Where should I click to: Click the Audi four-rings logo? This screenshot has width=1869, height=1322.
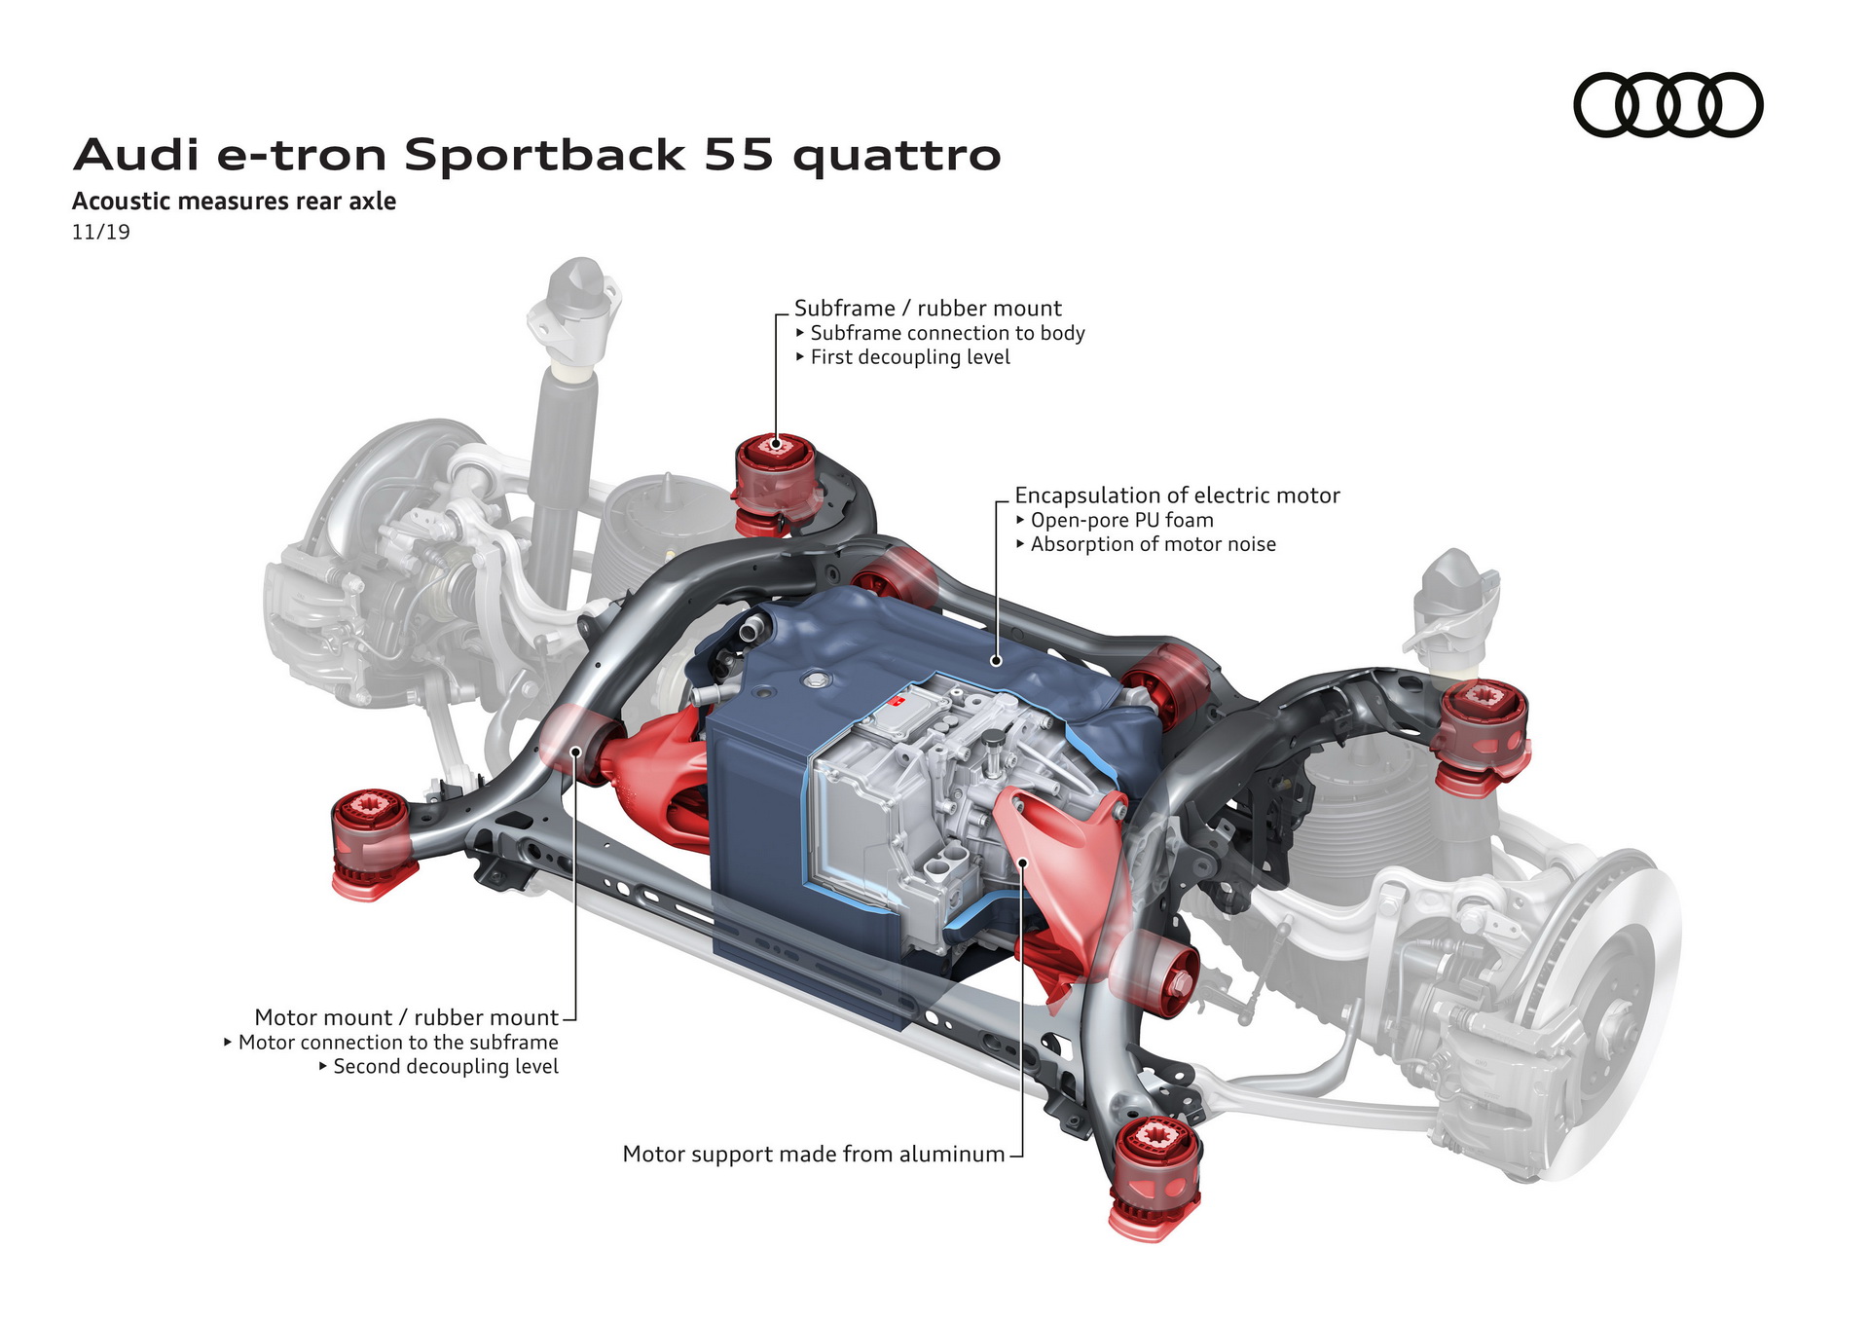click(1667, 104)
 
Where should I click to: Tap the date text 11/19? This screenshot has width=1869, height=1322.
click(100, 232)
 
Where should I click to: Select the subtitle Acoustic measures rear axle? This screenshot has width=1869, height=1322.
click(234, 202)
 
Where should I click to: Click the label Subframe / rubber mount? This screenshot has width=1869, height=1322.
click(927, 309)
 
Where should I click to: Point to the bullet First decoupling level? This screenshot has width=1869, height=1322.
click(909, 357)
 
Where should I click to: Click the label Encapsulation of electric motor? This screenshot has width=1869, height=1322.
click(1176, 496)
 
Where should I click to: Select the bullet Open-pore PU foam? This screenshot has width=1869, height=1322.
click(1120, 521)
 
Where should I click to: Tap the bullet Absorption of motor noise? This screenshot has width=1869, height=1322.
click(1152, 545)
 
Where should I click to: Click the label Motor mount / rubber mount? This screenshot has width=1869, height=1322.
click(406, 1017)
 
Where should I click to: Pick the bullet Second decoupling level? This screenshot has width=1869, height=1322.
click(445, 1067)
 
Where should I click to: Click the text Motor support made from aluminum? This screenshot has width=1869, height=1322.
click(813, 1155)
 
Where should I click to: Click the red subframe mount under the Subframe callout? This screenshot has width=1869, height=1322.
click(774, 482)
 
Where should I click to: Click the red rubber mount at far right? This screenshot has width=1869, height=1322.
click(1482, 735)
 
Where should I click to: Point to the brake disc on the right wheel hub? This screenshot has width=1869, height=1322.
click(1606, 1012)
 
